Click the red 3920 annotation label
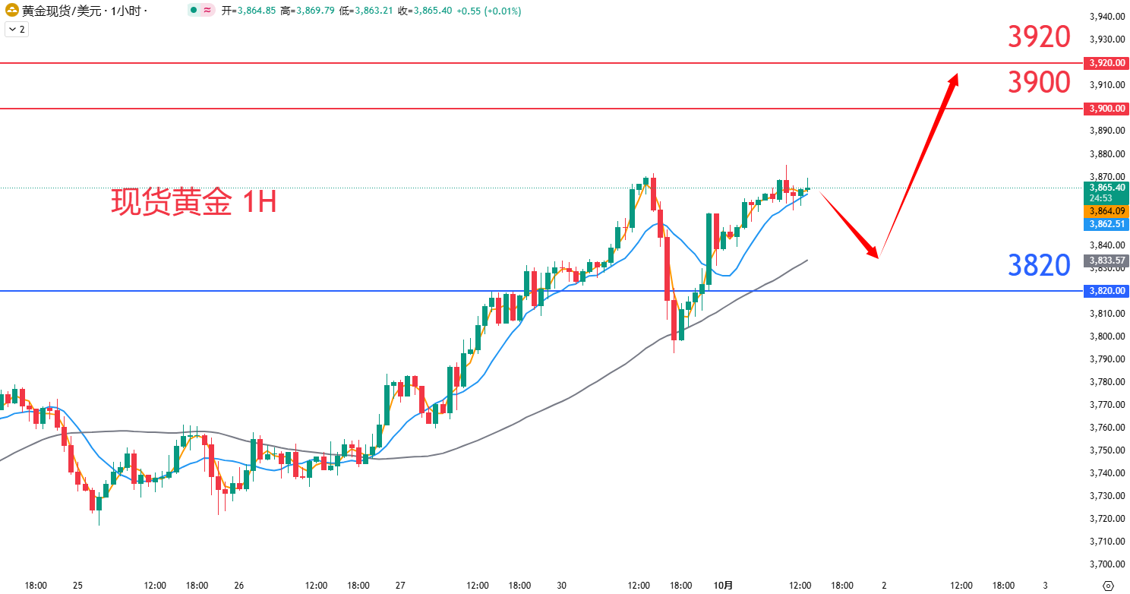1039,36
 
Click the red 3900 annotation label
1039,82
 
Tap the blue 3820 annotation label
1039,265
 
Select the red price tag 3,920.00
1106,63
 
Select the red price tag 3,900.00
1106,109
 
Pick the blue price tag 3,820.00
1106,291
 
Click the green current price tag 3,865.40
1106,187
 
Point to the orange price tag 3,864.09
1106,211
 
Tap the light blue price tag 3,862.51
1106,224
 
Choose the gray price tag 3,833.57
1106,261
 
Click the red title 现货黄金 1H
194,202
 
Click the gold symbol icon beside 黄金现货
11,11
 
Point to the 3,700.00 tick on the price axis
1106,564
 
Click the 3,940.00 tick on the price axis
1106,17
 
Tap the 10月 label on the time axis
724,586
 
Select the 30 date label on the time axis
562,586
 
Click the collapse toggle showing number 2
16,30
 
